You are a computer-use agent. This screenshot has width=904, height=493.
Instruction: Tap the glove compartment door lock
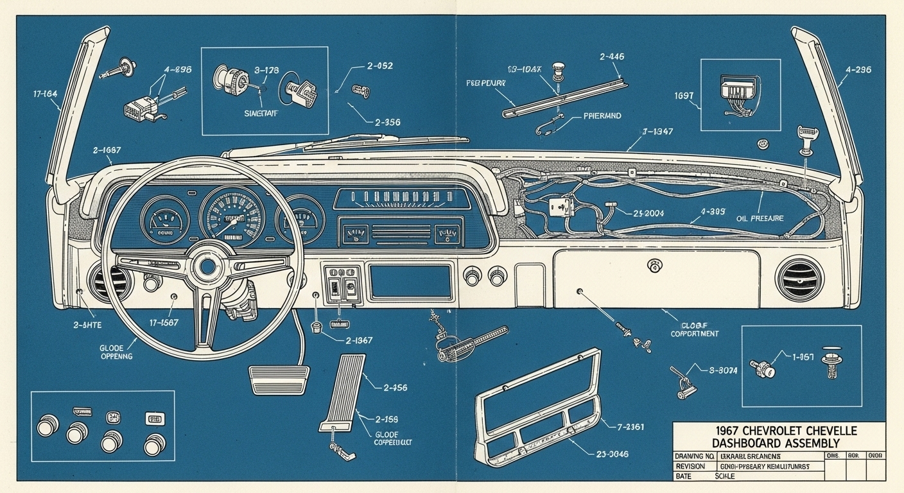point(656,264)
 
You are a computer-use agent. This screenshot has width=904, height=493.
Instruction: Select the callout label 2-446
point(612,57)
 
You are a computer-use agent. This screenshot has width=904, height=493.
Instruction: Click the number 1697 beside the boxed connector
point(684,96)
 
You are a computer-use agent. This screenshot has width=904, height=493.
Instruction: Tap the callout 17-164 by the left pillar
point(45,94)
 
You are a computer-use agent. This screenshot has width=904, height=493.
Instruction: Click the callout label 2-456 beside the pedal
point(394,388)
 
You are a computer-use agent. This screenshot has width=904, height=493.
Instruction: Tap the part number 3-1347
point(657,132)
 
